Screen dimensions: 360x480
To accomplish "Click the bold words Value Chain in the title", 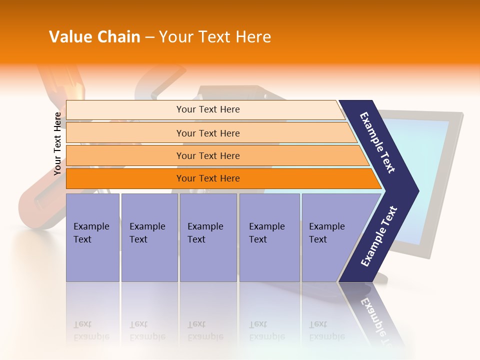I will pos(94,37).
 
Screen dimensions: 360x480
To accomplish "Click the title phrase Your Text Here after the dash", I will pos(215,37).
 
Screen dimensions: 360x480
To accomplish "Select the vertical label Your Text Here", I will pos(57,143).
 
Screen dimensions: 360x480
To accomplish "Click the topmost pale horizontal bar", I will pos(208,109).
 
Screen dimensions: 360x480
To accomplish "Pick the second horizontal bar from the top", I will pos(208,133).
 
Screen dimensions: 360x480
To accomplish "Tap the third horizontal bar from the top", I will pos(208,155).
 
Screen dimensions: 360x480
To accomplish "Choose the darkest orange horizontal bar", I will pos(208,178).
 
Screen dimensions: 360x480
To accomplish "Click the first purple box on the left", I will pos(92,237).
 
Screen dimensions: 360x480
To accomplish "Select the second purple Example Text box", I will pos(149,237).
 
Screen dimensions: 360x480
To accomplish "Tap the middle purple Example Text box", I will pos(208,237).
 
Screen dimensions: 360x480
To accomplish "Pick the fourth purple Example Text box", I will pos(269,237).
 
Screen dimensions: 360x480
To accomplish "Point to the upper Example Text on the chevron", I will pos(378,142).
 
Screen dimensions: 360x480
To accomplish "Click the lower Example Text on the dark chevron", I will pos(379,236).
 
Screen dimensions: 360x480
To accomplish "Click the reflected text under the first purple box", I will pos(90,330).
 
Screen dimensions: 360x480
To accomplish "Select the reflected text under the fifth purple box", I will pos(326,330).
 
